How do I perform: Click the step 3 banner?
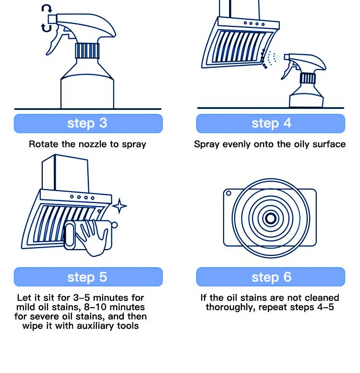coord(88,123)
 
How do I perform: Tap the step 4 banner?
coord(271,123)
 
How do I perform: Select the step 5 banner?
coord(88,277)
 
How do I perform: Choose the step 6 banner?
coord(271,277)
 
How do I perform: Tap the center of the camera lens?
coord(270,219)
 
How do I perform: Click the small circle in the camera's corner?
coord(229,194)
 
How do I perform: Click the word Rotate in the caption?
coord(43,144)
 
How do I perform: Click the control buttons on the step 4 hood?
coord(254,23)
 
